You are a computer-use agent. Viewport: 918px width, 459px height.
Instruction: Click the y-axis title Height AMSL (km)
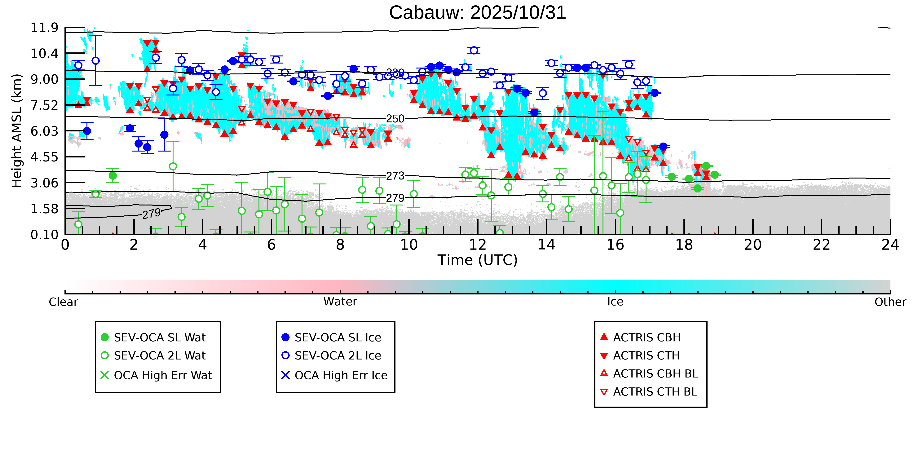[x=17, y=131]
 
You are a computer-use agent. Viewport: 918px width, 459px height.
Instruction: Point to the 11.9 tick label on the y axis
[x=44, y=27]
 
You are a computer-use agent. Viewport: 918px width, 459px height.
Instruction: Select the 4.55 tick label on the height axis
[x=44, y=157]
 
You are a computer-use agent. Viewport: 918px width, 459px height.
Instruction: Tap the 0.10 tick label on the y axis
[x=44, y=235]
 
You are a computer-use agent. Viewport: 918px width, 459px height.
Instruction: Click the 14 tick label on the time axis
[x=546, y=245]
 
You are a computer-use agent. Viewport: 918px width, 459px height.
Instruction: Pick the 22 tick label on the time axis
[x=821, y=245]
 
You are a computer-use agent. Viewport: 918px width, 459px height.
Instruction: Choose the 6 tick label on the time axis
[x=271, y=245]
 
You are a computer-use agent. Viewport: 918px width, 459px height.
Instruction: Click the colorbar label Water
[x=340, y=302]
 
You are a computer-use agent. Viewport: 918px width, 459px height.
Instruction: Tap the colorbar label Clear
[x=64, y=302]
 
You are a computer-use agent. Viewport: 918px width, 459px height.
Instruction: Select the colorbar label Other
[x=890, y=302]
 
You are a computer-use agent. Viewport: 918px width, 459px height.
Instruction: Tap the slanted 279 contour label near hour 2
[x=152, y=214]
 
